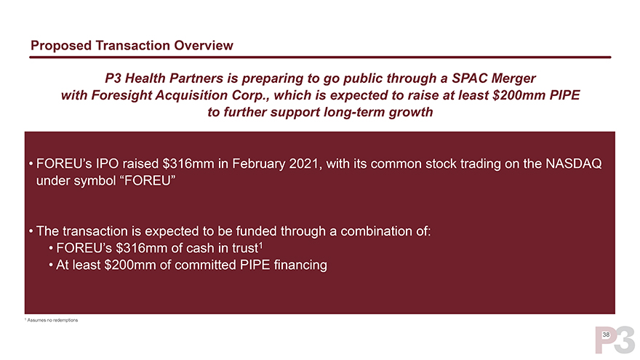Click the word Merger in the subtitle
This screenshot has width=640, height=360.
pyautogui.click(x=513, y=79)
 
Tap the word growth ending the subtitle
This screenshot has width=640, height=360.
pyautogui.click(x=411, y=112)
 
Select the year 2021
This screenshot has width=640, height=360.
pyautogui.click(x=304, y=164)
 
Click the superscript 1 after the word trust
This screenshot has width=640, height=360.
pyautogui.click(x=260, y=245)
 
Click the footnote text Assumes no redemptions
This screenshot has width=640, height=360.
pyautogui.click(x=52, y=321)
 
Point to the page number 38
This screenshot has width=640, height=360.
pyautogui.click(x=606, y=335)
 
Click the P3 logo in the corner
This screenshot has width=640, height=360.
pyautogui.click(x=615, y=340)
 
